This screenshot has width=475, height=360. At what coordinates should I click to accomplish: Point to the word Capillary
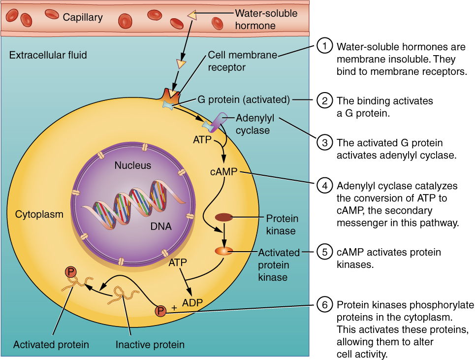83,18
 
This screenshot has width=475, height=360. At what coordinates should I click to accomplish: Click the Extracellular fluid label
48,55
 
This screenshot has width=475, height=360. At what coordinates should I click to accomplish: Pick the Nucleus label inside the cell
133,165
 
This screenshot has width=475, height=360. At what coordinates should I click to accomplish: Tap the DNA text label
161,227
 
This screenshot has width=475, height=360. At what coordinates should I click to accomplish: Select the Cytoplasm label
39,214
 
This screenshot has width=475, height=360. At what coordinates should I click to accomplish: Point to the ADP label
192,302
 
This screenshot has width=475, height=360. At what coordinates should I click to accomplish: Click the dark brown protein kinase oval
224,217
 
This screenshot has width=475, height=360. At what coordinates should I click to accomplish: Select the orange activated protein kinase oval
224,251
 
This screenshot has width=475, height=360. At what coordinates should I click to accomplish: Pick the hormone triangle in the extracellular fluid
182,64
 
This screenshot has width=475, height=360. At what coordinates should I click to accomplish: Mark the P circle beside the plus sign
160,311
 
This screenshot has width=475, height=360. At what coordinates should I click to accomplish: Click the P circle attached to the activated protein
71,271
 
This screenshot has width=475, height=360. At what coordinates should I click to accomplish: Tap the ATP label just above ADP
178,263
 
